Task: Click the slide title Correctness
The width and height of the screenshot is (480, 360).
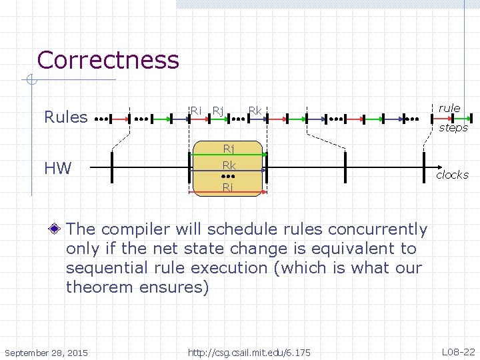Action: pos(108,60)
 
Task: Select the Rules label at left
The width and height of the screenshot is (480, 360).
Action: pos(65,117)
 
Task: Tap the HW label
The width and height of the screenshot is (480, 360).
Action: pos(58,168)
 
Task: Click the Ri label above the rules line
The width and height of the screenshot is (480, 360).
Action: pos(195,110)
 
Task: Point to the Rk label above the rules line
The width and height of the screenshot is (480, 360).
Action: pos(255,110)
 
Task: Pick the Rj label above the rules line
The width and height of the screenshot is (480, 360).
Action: pos(217,110)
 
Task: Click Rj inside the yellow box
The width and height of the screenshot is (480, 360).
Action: pos(228,149)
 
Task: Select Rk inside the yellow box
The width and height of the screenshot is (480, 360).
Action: pos(228,165)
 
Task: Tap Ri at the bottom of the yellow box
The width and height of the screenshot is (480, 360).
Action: pos(228,187)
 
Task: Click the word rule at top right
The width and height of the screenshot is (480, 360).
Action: pos(449,108)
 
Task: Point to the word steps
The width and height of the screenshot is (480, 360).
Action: pos(453,127)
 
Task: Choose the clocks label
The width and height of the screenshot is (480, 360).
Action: pos(452,175)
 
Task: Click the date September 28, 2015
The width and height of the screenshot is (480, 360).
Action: pos(47,351)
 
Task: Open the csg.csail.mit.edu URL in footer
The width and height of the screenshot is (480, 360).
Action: pos(249,351)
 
